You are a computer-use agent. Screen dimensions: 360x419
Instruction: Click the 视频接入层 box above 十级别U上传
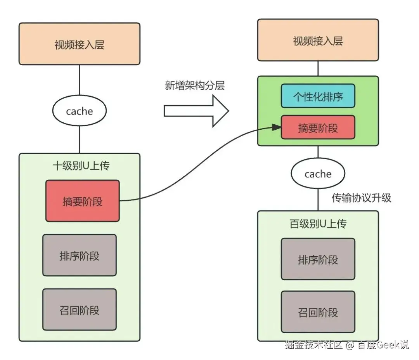[79, 43]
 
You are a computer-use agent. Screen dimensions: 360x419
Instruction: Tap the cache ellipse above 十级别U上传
[79, 111]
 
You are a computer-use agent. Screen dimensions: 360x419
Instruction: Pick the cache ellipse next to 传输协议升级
[318, 174]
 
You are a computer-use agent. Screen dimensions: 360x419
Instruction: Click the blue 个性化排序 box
[318, 96]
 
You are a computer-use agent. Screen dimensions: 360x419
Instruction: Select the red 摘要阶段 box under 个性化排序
[318, 127]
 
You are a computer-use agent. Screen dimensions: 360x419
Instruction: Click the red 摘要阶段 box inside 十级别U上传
[82, 201]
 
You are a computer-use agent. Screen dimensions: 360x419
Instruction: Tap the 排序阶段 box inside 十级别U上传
[79, 255]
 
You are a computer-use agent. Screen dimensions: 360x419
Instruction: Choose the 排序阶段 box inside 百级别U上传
[318, 259]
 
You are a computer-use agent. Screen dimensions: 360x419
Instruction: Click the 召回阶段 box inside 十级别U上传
[79, 310]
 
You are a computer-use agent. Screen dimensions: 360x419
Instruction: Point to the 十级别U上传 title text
[81, 166]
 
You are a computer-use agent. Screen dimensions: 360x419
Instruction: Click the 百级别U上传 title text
[318, 224]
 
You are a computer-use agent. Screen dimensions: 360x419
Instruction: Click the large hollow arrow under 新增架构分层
[196, 111]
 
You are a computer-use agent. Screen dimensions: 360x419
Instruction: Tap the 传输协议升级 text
[361, 198]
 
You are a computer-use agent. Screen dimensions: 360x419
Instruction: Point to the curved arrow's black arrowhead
[277, 127]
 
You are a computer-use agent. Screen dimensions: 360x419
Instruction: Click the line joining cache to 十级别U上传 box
[79, 140]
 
